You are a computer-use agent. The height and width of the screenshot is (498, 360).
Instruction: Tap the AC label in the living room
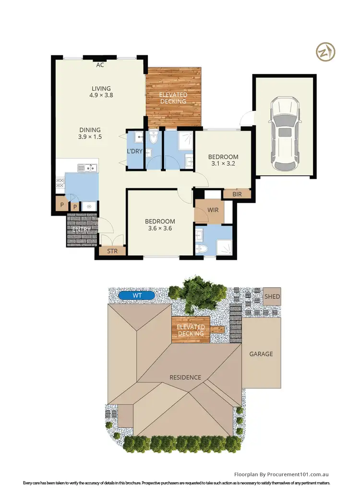100,65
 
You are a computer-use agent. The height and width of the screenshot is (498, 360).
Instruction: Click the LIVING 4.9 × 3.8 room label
101,92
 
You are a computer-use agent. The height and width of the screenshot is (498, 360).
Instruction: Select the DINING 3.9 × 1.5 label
90,133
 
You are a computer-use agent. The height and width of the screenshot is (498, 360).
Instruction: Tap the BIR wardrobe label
237,194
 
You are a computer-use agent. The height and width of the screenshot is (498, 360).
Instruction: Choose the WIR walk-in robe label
214,210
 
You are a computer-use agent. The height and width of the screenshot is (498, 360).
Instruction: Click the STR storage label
112,251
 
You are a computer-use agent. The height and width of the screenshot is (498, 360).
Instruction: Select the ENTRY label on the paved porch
81,230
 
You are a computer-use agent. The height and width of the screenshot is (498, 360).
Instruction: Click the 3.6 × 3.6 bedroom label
160,225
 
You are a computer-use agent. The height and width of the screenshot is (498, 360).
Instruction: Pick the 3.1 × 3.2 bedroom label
223,160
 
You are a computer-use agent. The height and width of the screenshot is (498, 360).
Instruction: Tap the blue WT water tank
137,295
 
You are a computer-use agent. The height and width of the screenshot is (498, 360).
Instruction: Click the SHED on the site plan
272,297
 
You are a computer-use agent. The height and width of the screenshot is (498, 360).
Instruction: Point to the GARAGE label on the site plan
261,354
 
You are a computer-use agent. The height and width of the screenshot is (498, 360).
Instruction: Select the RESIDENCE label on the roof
185,377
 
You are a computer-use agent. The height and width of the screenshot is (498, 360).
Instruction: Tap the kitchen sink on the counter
87,168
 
